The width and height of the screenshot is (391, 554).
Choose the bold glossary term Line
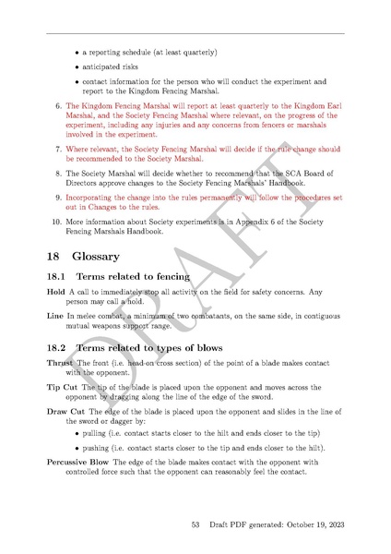point(55,317)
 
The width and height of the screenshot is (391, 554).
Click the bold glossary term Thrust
point(60,363)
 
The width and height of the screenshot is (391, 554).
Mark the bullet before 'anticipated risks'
point(77,67)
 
